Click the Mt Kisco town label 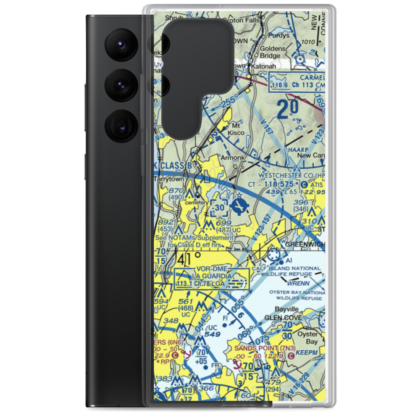(x=236, y=129)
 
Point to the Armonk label (x=232, y=158)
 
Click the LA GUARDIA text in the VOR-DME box (x=212, y=276)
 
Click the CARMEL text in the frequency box (x=312, y=78)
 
